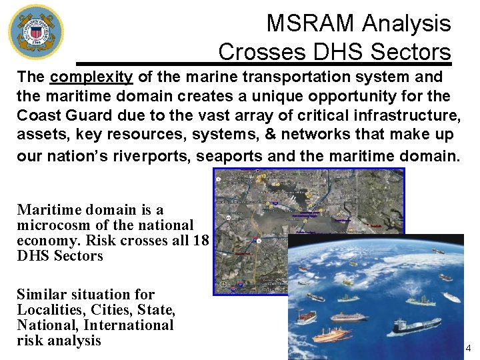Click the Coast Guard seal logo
click(36, 31)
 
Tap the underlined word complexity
click(91, 77)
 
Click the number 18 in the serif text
click(201, 241)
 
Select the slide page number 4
click(467, 348)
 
